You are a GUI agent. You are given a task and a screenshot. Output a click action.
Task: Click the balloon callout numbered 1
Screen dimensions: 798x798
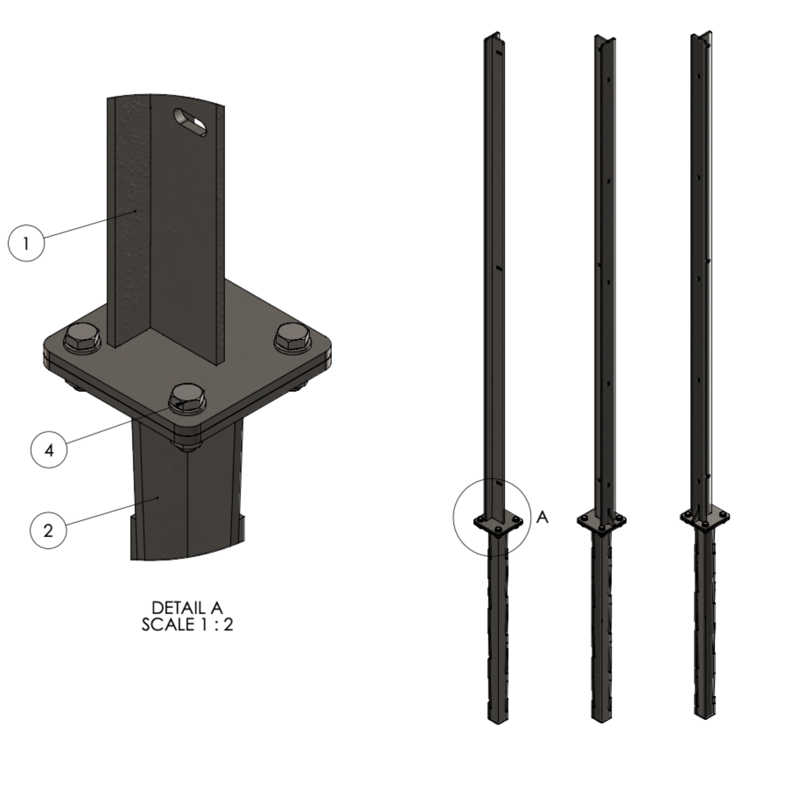pos(26,243)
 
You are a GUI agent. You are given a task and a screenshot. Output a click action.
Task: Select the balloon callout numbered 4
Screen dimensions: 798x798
pos(49,450)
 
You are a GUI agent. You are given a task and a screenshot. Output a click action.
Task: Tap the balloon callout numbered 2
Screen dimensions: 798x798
pos(48,530)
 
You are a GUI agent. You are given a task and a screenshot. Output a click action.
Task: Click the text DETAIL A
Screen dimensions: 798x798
pos(187,607)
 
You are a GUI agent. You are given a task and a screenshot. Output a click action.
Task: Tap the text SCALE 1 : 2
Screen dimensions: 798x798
pos(187,625)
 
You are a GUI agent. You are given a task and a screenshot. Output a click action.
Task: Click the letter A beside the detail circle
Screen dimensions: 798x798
pos(542,517)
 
